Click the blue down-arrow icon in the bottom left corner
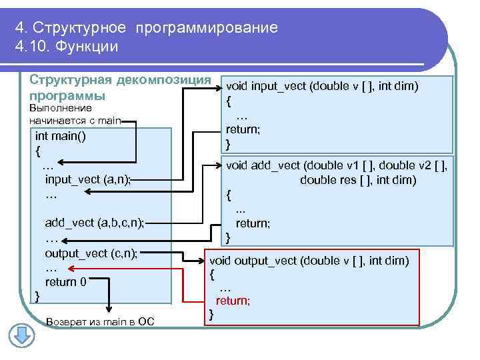tap(21, 334)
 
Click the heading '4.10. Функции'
tap(66, 46)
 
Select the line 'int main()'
tap(61, 136)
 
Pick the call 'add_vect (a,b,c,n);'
tap(94, 222)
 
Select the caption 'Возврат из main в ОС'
tap(100, 322)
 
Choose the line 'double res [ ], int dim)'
tap(358, 180)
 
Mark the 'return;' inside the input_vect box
tap(243, 129)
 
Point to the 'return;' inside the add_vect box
tap(253, 223)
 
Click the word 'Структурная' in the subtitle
tap(71, 79)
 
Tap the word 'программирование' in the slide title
tap(206, 28)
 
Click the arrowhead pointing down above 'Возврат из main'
tap(108, 309)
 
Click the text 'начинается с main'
tap(75, 120)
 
